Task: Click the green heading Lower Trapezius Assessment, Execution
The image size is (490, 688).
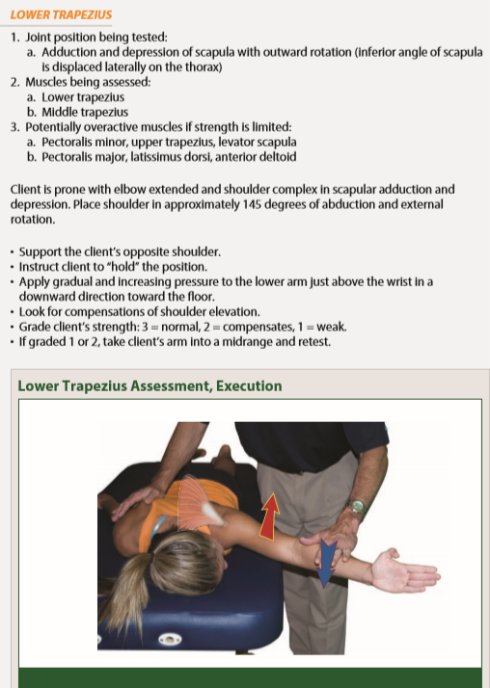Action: coord(150,386)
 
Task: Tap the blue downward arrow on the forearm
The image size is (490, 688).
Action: coord(326,563)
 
